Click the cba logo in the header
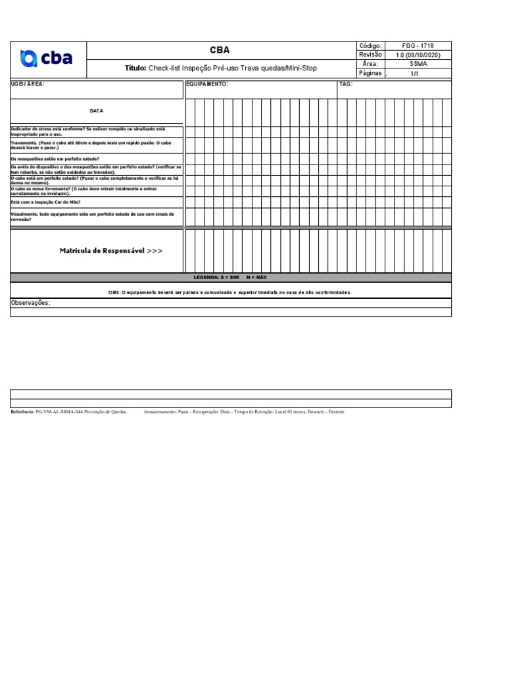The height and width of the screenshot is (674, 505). pos(47,59)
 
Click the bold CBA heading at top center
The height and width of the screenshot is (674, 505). pos(220,50)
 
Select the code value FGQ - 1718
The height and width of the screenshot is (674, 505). pos(418,45)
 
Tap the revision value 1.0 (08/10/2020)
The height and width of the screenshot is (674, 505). pos(418,55)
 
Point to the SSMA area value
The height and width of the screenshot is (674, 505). pos(418,64)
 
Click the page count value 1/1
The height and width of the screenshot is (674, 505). pos(414,74)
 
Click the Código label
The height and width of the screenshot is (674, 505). pos(370,45)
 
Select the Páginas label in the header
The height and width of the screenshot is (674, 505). pos(370,73)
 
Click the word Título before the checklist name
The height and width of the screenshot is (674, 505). pos(135,68)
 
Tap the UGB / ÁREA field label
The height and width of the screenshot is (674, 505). pos(28,84)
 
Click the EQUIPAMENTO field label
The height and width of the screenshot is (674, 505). pos(207,84)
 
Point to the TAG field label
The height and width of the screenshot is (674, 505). pos(346,84)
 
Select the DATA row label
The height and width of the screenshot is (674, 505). pos(97,111)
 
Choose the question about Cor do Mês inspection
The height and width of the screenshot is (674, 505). pos(46,202)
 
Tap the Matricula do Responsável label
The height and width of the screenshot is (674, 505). pos(110,251)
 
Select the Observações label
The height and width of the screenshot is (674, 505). pos(30,303)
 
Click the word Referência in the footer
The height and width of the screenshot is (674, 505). pos(23,411)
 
